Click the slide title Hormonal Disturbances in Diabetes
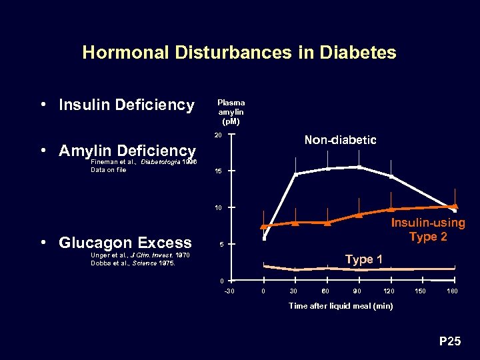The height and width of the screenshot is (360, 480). [x=239, y=53]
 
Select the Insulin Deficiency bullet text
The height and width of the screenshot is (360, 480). [x=127, y=105]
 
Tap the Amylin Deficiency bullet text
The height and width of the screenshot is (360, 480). [x=127, y=151]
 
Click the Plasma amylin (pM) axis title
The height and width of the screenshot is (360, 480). [x=231, y=112]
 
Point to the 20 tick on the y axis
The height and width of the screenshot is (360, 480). [x=218, y=135]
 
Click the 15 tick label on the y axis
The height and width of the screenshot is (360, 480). [x=218, y=172]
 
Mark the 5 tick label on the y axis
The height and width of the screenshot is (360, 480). [x=219, y=244]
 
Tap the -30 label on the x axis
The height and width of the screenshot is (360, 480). [x=229, y=291]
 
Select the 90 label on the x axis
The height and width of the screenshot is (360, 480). [x=357, y=291]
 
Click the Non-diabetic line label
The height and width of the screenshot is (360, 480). [x=340, y=140]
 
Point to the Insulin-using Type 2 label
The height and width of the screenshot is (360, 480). [x=427, y=230]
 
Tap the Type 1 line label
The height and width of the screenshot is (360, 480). [x=363, y=259]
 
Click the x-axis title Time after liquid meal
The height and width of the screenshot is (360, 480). [x=340, y=306]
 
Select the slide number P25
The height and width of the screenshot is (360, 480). [x=449, y=342]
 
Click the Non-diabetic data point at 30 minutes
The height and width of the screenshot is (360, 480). [x=295, y=174]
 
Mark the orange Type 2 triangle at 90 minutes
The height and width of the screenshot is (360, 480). [x=359, y=215]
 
